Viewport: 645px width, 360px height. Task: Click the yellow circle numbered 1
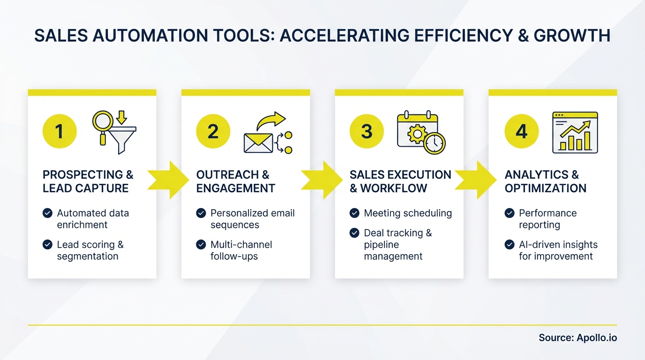click(x=60, y=131)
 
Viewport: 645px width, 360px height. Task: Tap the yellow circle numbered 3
click(x=367, y=131)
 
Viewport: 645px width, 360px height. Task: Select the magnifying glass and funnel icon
click(x=114, y=131)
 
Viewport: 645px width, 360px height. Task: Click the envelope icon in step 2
click(x=258, y=142)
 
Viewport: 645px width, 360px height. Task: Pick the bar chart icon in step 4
click(x=575, y=132)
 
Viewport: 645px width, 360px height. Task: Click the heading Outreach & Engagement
click(x=235, y=181)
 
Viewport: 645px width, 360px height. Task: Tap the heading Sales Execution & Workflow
click(x=400, y=181)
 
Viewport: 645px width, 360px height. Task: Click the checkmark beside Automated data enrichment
click(x=47, y=213)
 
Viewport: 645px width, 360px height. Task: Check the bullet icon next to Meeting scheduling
click(x=354, y=213)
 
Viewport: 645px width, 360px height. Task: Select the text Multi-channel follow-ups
click(x=241, y=250)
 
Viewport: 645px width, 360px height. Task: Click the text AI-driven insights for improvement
click(x=558, y=250)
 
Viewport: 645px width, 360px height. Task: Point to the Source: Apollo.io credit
click(x=577, y=337)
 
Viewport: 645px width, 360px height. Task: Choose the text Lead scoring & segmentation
click(x=90, y=250)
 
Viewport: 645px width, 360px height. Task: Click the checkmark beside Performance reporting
click(x=510, y=213)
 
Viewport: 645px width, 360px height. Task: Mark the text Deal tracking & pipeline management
click(x=397, y=245)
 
